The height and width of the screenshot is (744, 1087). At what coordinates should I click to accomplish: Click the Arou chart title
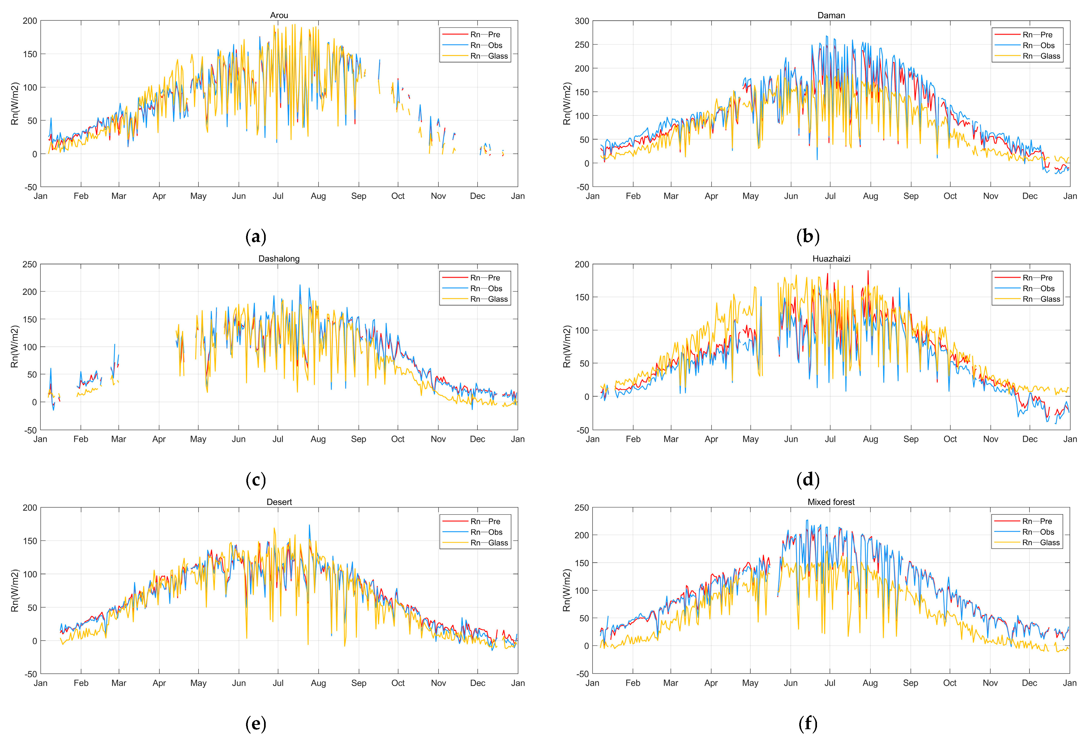279,15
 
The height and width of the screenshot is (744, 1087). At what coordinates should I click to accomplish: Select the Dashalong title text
279,259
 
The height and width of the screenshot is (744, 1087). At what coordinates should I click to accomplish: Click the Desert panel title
279,502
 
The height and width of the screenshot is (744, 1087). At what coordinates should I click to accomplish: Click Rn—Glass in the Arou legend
489,56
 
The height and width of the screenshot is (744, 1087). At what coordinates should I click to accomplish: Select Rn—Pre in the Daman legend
1037,35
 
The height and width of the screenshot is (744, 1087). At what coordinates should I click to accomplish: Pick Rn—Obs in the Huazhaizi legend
1038,289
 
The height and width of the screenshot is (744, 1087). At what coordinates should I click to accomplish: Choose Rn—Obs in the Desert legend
486,532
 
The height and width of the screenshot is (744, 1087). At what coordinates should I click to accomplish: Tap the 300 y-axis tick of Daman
582,21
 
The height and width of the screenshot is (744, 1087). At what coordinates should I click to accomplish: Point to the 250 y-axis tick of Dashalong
29,264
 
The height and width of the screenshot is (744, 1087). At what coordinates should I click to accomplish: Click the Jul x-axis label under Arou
278,196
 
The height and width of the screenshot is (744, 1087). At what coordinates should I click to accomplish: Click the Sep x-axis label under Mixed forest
910,683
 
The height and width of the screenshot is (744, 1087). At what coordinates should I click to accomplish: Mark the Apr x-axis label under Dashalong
159,439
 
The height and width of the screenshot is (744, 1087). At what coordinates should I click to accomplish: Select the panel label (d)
808,480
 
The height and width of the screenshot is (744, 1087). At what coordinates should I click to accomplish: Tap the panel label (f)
808,724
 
